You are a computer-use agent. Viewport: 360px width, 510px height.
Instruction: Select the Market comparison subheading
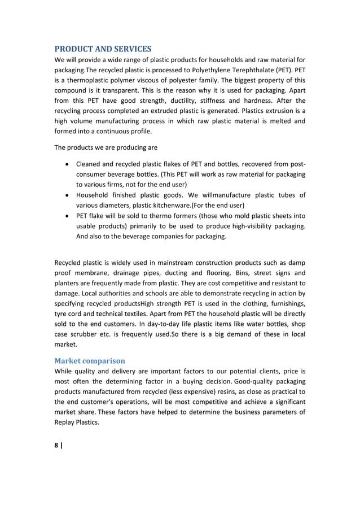[x=90, y=360]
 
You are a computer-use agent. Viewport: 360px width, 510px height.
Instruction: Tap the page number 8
[x=56, y=445]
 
